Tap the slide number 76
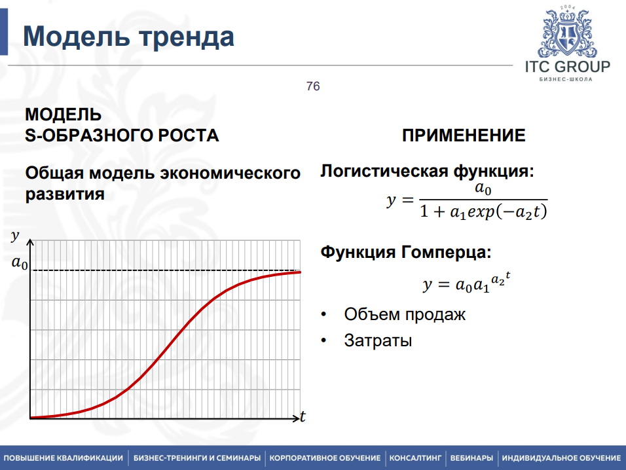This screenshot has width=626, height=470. point(313,86)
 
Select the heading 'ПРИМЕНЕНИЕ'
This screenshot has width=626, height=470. point(464,136)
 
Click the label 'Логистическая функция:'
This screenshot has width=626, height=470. point(427,172)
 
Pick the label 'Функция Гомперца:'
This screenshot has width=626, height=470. point(405,253)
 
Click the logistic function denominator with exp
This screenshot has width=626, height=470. point(483,212)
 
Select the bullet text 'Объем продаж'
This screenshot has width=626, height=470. point(405,314)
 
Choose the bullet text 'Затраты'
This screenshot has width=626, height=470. point(378,340)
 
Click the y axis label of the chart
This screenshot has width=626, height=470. point(14,236)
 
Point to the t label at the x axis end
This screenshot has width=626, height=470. point(303,417)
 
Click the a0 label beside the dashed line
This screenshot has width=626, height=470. point(20,264)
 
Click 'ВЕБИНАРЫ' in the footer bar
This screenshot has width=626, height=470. point(471,458)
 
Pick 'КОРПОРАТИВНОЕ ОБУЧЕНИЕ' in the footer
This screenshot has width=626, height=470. point(325,458)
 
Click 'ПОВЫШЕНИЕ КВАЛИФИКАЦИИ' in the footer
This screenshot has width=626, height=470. point(64,458)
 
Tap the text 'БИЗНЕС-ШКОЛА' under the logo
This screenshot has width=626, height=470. point(566,79)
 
